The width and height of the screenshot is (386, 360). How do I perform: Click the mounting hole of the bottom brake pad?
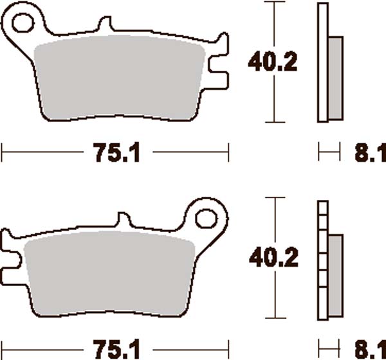coord(207,217)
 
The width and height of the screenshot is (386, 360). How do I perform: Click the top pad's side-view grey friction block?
coord(335,77)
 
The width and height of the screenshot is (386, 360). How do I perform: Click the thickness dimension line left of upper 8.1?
coord(329,153)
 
